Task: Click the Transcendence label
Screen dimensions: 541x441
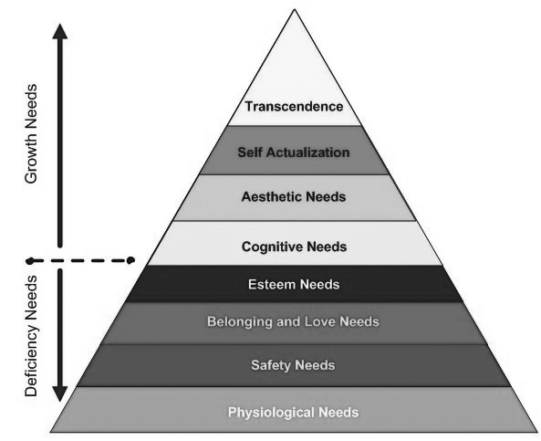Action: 294,106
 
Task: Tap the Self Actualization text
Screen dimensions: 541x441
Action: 294,152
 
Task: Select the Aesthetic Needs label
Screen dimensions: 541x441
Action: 294,197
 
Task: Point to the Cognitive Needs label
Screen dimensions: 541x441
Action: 295,247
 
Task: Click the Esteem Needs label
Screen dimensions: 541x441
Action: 294,285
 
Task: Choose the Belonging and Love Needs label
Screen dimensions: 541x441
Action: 293,322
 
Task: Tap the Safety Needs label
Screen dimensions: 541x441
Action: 293,365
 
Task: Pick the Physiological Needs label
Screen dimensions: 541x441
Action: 293,413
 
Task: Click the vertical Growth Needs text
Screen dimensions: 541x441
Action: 31,133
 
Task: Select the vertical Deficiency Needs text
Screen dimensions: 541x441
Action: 31,336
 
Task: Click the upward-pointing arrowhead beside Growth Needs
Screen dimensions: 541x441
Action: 60,31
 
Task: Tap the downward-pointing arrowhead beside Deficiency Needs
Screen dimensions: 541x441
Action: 60,394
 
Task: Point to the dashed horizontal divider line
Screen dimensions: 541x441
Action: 80,260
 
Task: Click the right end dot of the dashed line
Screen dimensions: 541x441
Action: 130,260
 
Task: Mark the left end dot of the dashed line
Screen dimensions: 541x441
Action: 31,261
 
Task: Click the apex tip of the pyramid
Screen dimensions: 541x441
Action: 295,9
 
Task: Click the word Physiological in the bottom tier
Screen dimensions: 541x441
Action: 271,413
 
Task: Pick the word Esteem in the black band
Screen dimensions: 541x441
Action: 272,285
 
